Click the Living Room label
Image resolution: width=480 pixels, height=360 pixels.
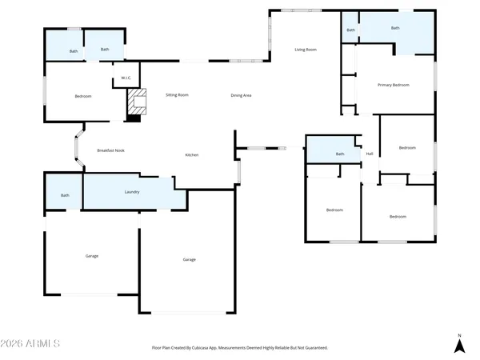click(306, 50)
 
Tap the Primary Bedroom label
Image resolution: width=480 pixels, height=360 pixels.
click(394, 85)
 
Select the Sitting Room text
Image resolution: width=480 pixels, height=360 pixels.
click(177, 95)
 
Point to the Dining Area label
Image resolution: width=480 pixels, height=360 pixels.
click(242, 95)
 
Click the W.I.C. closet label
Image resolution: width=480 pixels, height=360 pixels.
click(126, 78)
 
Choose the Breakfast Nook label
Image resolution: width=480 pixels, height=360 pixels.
click(110, 150)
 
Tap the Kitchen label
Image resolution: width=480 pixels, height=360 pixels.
click(192, 154)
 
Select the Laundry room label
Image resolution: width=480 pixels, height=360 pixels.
click(132, 192)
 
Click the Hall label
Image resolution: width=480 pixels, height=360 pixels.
click(370, 154)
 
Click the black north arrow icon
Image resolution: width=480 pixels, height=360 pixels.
click(459, 346)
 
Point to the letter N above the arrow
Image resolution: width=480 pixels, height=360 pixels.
click(459, 335)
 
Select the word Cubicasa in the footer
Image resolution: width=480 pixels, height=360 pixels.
click(213, 348)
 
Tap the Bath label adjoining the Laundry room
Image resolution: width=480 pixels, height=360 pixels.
click(65, 195)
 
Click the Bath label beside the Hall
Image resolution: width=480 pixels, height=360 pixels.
click(340, 154)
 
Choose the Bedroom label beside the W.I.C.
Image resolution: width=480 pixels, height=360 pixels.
click(83, 96)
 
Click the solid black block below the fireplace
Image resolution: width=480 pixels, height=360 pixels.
click(134, 118)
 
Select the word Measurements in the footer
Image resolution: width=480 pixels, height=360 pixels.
click(243, 348)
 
